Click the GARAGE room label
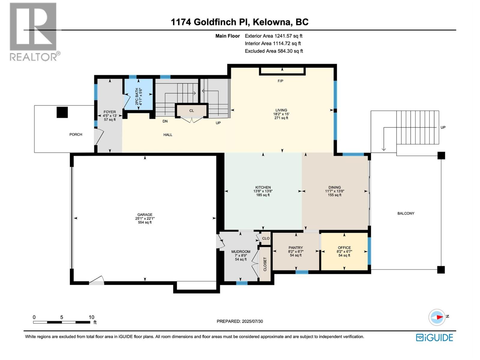tap(145, 215)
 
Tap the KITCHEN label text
tap(263, 187)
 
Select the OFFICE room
tap(344, 251)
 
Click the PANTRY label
tap(295, 248)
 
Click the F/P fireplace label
tap(280, 81)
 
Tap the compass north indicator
tap(437, 317)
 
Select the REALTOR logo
tap(33, 31)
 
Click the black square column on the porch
tap(62, 112)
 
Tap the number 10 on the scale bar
tap(91, 317)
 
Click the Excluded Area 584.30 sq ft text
tap(274, 51)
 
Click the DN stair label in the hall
tap(165, 121)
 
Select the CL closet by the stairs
tap(191, 111)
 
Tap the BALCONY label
tap(406, 213)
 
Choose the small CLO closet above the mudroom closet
tap(266, 238)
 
